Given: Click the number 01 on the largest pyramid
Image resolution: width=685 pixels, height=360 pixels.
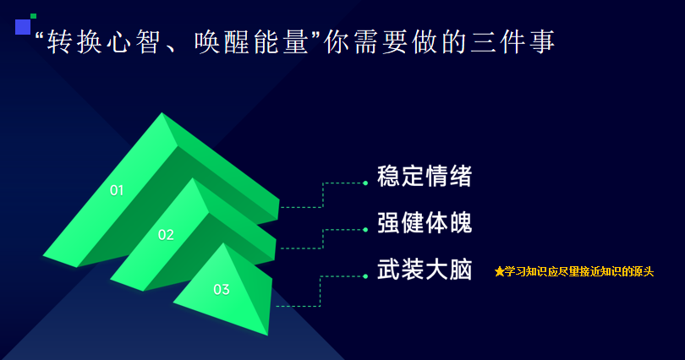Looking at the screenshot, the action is (117, 190).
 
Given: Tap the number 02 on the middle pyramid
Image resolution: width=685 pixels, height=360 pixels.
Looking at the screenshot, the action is (166, 235).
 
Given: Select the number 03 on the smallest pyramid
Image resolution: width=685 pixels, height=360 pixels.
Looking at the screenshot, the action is (222, 289).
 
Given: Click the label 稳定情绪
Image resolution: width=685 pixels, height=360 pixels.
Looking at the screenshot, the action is (425, 177).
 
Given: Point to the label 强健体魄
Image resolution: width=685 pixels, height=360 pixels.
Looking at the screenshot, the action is (425, 222).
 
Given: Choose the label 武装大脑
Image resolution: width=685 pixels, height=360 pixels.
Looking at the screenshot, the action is (425, 269).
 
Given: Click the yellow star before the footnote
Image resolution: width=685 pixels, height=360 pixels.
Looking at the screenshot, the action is (499, 271).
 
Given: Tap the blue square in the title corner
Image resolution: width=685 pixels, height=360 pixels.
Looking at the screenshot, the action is (23, 26).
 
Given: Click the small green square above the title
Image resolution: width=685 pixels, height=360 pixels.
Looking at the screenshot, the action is (33, 16).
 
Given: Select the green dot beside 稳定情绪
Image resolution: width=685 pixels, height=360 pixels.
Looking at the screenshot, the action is (365, 183).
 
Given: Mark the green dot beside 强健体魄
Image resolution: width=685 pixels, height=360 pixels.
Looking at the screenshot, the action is (365, 230).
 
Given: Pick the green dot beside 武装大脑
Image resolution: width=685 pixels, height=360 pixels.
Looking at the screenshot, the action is (365, 276).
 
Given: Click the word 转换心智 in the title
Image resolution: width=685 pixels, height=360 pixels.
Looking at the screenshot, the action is (104, 42).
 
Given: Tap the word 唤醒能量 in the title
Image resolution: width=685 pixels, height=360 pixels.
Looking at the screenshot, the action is (252, 42).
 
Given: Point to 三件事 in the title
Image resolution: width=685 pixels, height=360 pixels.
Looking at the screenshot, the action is (512, 42).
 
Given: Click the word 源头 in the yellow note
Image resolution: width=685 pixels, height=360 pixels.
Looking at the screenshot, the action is (643, 271).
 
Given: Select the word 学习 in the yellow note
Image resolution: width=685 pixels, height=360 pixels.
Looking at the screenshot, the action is (515, 271).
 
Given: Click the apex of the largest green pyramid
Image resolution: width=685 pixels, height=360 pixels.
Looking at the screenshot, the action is (162, 113).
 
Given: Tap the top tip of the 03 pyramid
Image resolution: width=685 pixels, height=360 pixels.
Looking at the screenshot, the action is (223, 243).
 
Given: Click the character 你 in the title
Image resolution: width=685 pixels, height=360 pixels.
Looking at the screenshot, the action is (337, 42).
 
